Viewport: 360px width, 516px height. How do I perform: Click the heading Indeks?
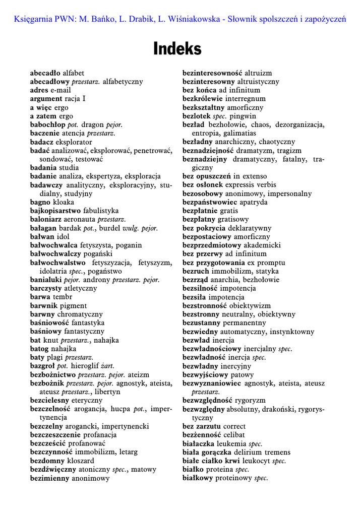point(177,49)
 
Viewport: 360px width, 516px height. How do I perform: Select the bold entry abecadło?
point(46,73)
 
